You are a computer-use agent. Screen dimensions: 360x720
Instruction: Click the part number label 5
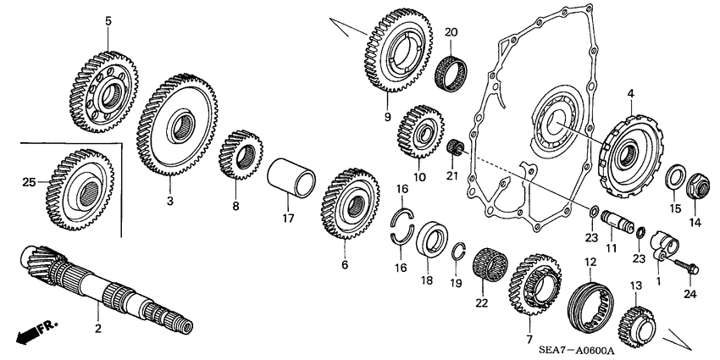(x=108, y=19)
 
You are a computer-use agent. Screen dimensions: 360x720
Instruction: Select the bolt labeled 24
(x=684, y=268)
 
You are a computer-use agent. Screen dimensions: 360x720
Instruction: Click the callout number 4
(x=630, y=92)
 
